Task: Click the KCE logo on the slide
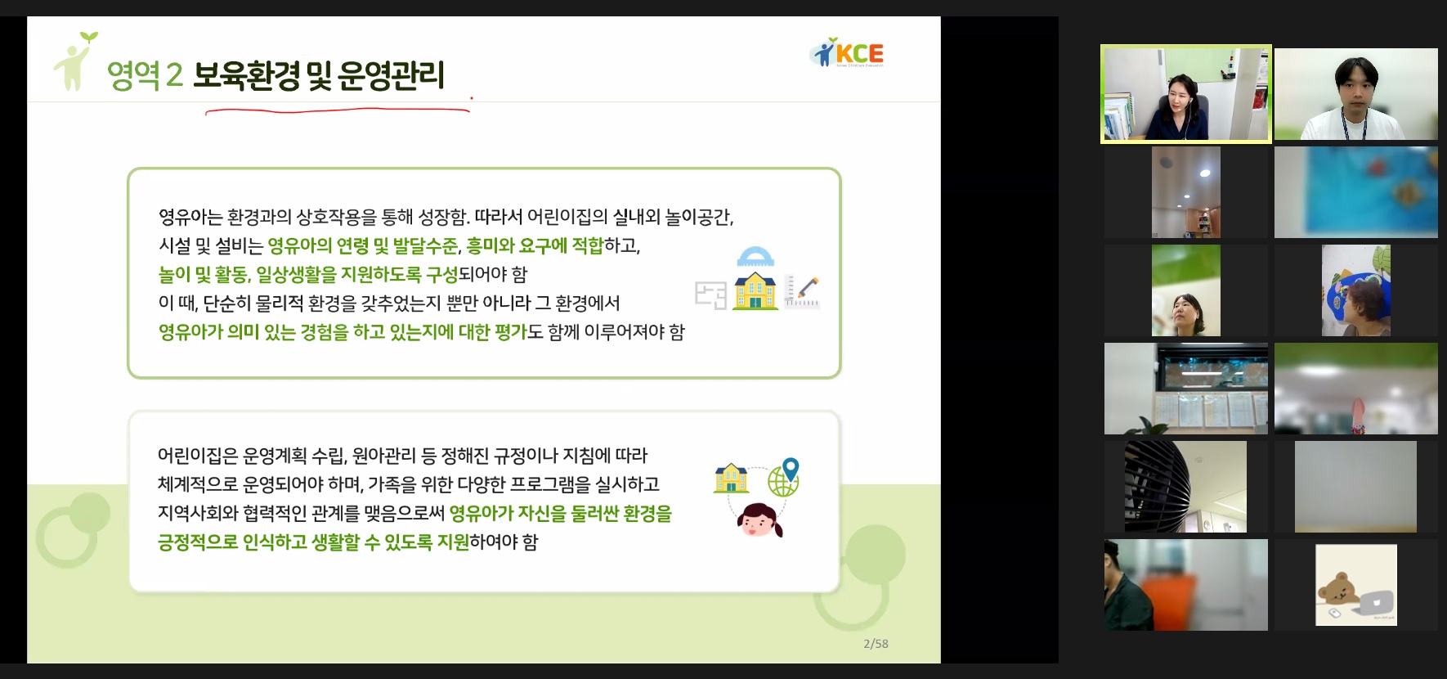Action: tap(847, 52)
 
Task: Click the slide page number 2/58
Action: tap(876, 644)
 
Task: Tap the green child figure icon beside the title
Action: tap(74, 61)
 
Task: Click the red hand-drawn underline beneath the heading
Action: tap(337, 110)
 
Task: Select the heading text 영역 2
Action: tap(145, 75)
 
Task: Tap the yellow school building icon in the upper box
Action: tap(756, 290)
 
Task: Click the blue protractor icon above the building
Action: tap(755, 257)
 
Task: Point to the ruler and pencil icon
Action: tap(801, 291)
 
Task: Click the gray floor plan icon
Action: tap(710, 295)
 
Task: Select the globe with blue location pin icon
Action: tap(784, 477)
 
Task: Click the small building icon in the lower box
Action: tap(731, 479)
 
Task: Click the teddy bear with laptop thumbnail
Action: tap(1356, 585)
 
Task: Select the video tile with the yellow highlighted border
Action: tap(1186, 94)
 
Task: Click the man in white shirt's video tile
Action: tap(1356, 94)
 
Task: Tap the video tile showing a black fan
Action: tap(1185, 487)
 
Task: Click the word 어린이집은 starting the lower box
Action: tap(197, 456)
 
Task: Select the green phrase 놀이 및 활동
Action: tap(203, 274)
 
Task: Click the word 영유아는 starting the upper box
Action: tap(190, 217)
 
